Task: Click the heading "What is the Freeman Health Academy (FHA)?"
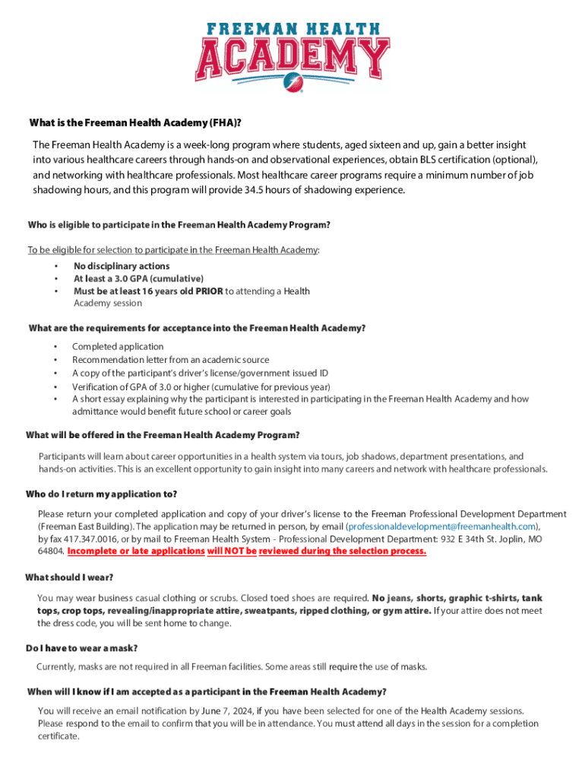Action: [x=140, y=124]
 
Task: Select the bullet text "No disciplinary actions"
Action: [x=122, y=266]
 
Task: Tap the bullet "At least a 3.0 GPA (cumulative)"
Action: [x=138, y=278]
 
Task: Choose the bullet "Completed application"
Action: [x=118, y=347]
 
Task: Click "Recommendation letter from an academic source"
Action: [x=170, y=360]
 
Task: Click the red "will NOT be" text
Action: [x=232, y=551]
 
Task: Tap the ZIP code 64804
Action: [x=50, y=551]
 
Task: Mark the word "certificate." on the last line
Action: [x=58, y=736]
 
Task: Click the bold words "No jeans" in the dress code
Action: [x=389, y=599]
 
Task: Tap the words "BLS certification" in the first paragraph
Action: [x=450, y=160]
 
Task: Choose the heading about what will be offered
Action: [x=163, y=435]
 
